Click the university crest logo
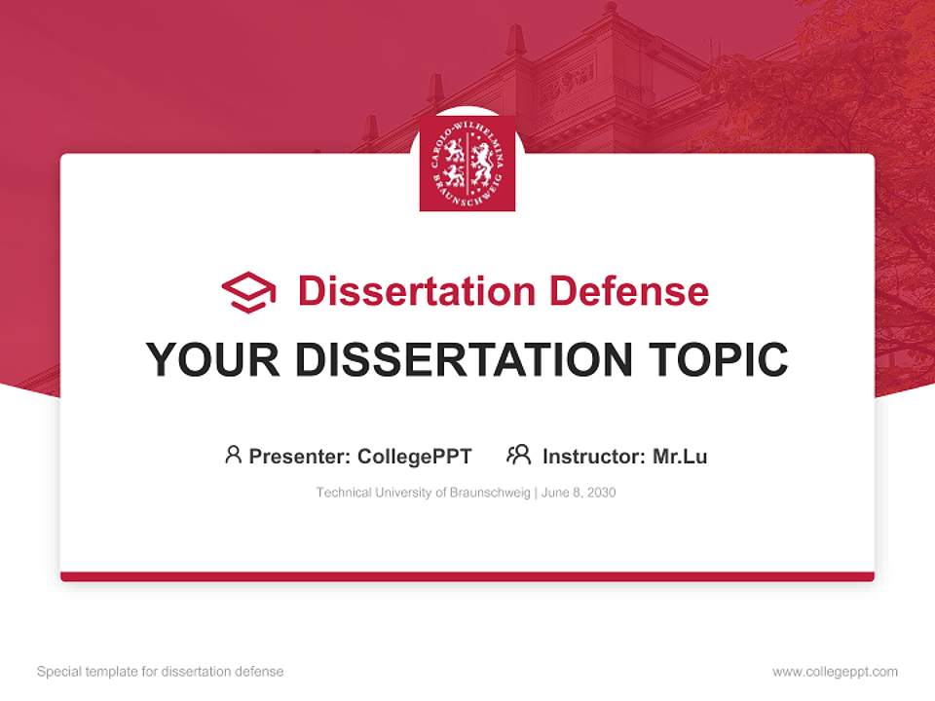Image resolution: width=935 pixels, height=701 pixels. pos(467,164)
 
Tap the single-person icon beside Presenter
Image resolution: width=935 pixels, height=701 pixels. pos(233,455)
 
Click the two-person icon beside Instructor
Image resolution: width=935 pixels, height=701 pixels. pos(518,455)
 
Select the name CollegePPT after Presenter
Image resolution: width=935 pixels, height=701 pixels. pos(414,456)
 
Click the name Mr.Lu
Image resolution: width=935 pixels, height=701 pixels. pos(680,456)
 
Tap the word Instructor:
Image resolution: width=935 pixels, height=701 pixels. pos(593,456)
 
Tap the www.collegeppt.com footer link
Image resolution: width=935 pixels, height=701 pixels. pos(835,672)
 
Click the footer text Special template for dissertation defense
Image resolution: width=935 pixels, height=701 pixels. pos(161,672)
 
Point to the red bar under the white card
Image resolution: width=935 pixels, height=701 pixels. pos(467,576)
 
